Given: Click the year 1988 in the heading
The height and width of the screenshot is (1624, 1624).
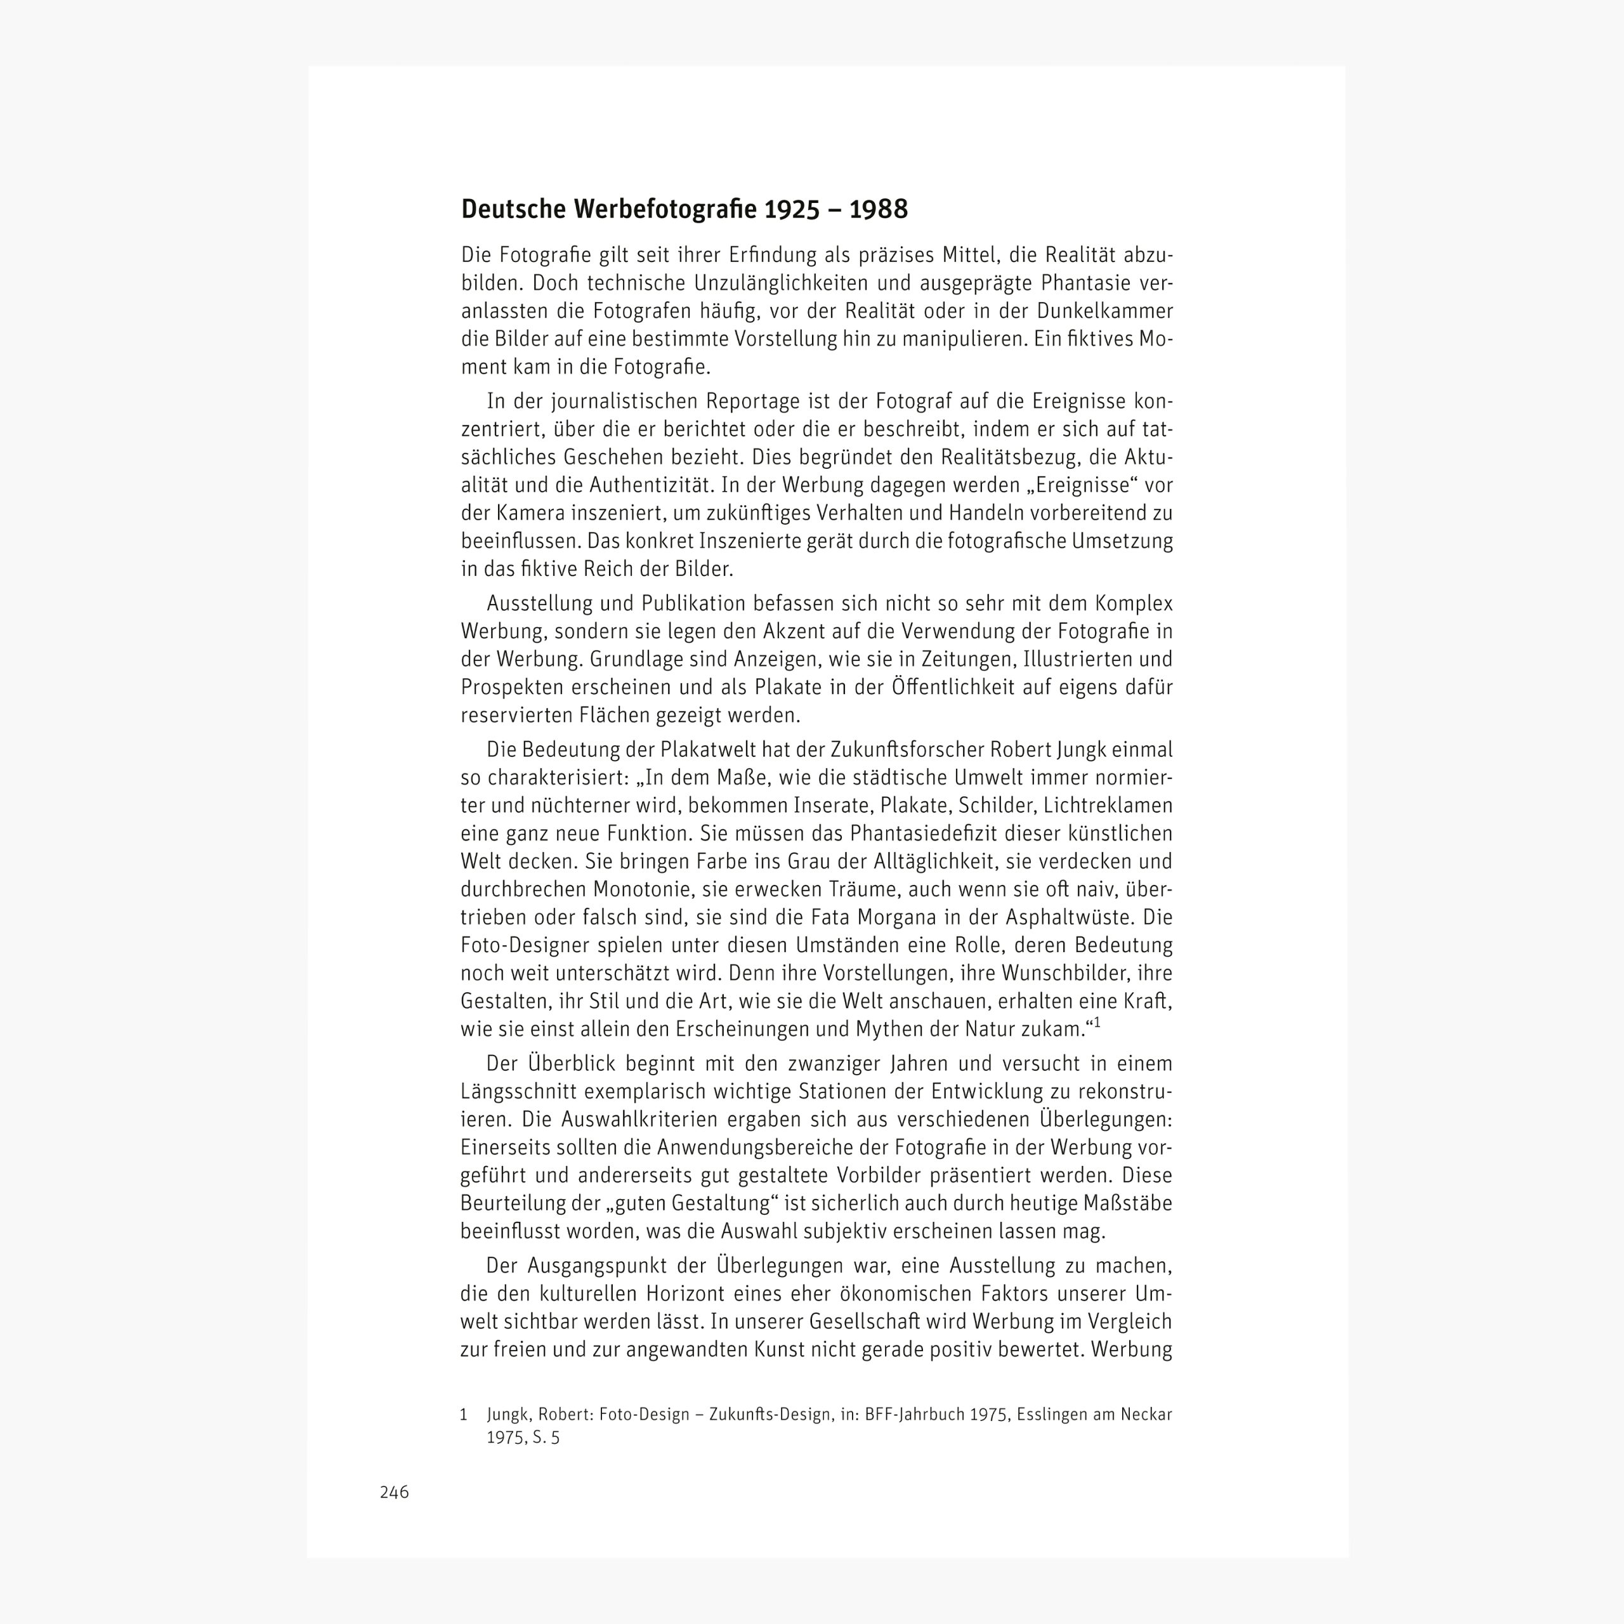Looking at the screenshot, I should (879, 209).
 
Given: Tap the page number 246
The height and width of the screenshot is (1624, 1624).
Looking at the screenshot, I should (394, 1492).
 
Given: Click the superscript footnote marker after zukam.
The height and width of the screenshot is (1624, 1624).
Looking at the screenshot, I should (1097, 1024).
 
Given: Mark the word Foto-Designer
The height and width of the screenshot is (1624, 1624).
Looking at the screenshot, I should (525, 945).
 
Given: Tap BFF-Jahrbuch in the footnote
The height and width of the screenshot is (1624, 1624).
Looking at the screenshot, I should (913, 1415).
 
